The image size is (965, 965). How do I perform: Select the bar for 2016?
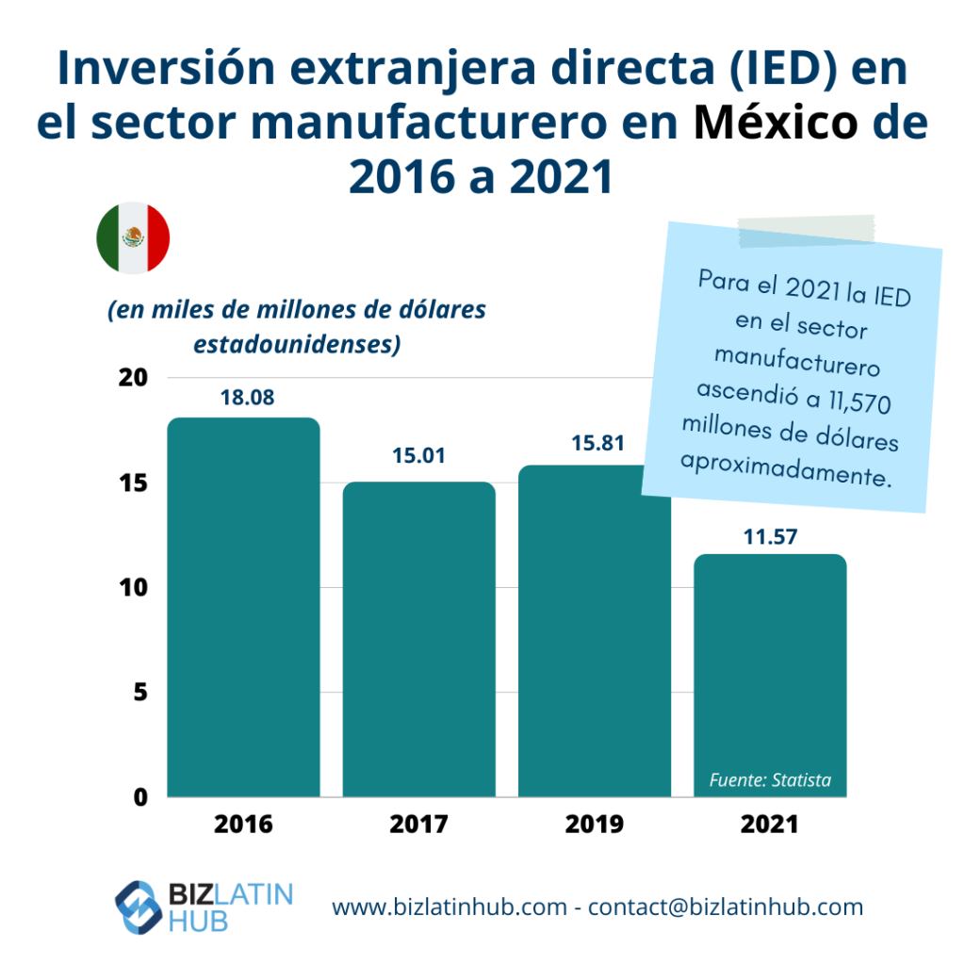pos(243,608)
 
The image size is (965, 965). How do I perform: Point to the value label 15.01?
pos(418,457)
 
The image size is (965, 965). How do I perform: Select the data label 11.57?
pos(769,537)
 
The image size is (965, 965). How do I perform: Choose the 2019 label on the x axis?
pos(595,825)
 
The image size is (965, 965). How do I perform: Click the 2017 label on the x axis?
pos(418,825)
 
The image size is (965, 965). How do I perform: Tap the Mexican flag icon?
pos(133,237)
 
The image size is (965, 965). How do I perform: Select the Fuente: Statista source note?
pos(770,780)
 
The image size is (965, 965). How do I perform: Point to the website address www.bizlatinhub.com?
pos(450,908)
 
